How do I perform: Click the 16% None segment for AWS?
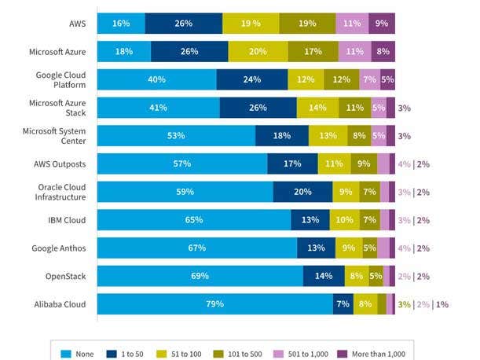point(121,24)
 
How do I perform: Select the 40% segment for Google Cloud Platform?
point(157,79)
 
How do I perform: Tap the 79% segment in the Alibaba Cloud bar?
point(215,303)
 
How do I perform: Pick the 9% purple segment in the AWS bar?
point(382,24)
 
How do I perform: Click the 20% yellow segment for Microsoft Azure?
point(258,52)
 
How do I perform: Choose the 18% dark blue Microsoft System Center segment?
point(282,135)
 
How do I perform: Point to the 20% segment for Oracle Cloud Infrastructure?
point(302,192)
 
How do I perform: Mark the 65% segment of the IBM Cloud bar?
point(194,219)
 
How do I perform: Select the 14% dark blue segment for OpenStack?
point(324,276)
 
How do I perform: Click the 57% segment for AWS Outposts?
point(182,163)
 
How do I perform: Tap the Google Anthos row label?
point(59,248)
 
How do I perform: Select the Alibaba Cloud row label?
point(59,303)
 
